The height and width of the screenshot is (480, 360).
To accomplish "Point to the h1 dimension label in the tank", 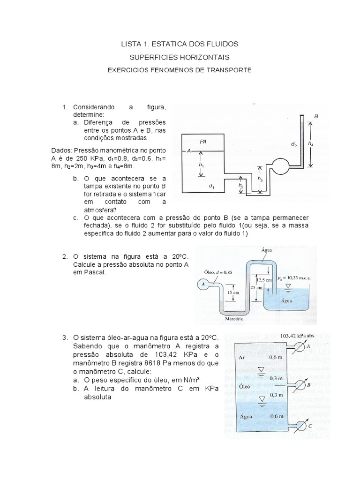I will [201, 165].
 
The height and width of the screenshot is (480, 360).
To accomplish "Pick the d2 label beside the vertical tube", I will [293, 145].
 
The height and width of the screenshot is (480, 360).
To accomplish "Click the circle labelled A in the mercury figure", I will [202, 284].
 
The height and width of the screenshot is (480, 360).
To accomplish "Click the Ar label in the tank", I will [242, 357].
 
